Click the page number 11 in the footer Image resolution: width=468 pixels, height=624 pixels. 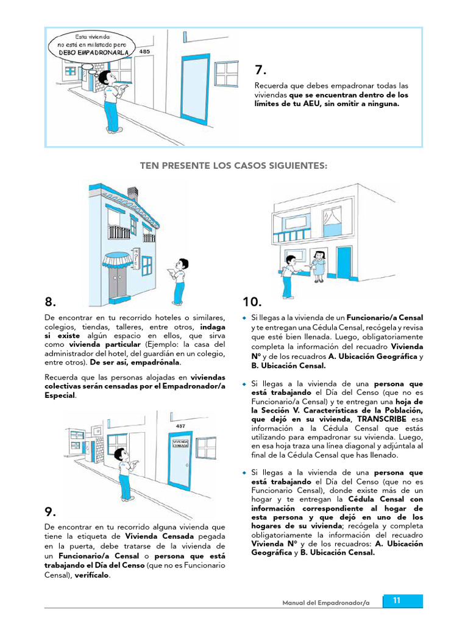[397, 601]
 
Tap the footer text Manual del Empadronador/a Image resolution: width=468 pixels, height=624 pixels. [326, 603]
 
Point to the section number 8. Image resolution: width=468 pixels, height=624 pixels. [51, 302]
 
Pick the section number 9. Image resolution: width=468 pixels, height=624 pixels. [51, 511]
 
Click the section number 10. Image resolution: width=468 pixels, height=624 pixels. [252, 302]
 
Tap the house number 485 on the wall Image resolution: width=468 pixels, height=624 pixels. [144, 52]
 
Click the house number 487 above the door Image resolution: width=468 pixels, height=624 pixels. [180, 426]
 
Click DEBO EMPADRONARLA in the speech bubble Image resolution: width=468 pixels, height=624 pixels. [94, 52]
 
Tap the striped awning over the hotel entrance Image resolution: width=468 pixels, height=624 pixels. [116, 261]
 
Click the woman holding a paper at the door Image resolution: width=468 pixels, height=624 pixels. [319, 266]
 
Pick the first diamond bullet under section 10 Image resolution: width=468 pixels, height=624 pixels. [244, 318]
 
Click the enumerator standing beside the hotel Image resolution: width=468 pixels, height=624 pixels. [179, 280]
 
